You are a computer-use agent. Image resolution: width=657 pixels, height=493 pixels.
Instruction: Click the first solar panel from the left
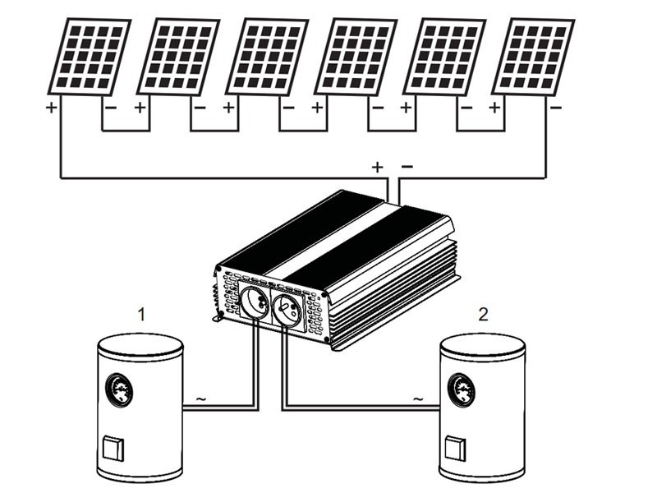click(89, 57)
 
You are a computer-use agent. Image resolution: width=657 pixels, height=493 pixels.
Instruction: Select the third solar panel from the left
click(266, 57)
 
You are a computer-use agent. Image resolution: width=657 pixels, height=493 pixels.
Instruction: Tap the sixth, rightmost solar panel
click(532, 57)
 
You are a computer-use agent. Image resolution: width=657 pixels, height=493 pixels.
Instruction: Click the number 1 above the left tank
click(141, 314)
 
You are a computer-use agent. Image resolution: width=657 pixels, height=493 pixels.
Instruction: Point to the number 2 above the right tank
click(483, 314)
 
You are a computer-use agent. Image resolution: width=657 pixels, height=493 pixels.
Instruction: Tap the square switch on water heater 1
click(111, 449)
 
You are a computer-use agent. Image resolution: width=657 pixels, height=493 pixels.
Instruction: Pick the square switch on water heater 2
click(453, 449)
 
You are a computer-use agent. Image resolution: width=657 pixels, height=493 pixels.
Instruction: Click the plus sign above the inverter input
click(377, 168)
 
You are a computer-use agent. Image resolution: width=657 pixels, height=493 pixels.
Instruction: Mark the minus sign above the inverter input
click(407, 167)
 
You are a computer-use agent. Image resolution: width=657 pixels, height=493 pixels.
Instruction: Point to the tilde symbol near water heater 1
click(200, 400)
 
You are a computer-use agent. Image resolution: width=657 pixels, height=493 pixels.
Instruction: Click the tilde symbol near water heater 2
click(418, 400)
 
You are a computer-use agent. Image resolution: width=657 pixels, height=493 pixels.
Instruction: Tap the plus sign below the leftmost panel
click(51, 108)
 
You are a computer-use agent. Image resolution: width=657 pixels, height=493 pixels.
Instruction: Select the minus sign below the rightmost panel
click(556, 108)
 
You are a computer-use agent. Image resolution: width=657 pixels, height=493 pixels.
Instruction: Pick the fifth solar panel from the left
click(443, 57)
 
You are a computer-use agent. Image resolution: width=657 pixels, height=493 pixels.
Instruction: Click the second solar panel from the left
click(177, 57)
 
